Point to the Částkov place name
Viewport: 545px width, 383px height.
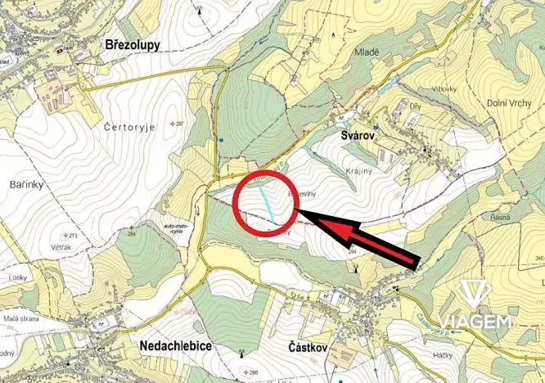pyautogui.click(x=309, y=348)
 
